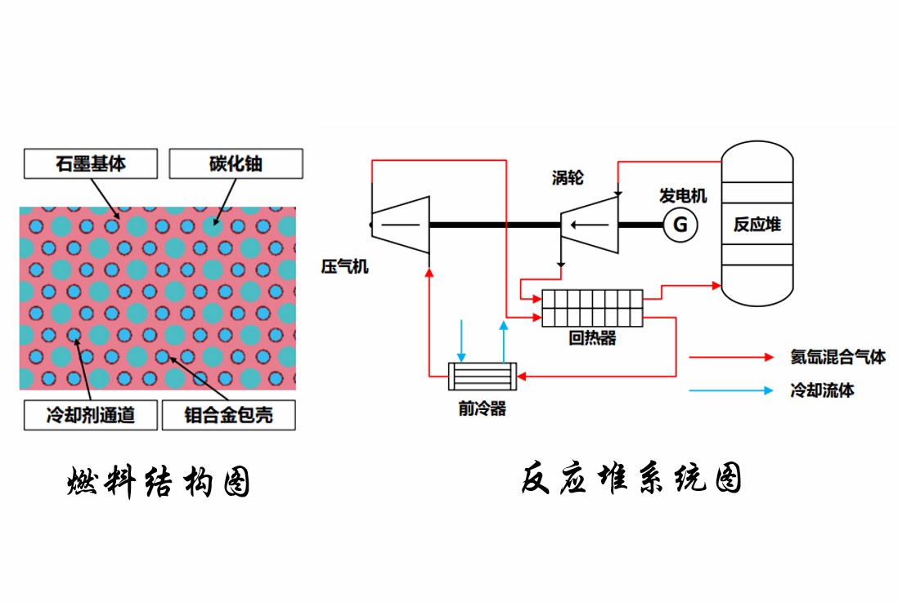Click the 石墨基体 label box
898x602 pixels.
click(x=91, y=163)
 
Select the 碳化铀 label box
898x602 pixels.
click(x=236, y=163)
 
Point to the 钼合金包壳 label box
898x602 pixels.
click(x=229, y=416)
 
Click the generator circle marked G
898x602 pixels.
click(x=680, y=223)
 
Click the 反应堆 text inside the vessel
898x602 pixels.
click(x=757, y=223)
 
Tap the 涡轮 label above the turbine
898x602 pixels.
click(x=568, y=177)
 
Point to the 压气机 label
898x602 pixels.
click(x=344, y=266)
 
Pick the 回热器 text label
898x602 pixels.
click(x=592, y=338)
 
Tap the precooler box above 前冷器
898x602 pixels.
click(x=482, y=376)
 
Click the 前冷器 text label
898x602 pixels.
click(x=482, y=408)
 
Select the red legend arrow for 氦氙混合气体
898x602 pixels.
click(x=730, y=357)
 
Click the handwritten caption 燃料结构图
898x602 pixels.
click(x=158, y=483)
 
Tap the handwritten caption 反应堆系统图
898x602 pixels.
click(x=631, y=479)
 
